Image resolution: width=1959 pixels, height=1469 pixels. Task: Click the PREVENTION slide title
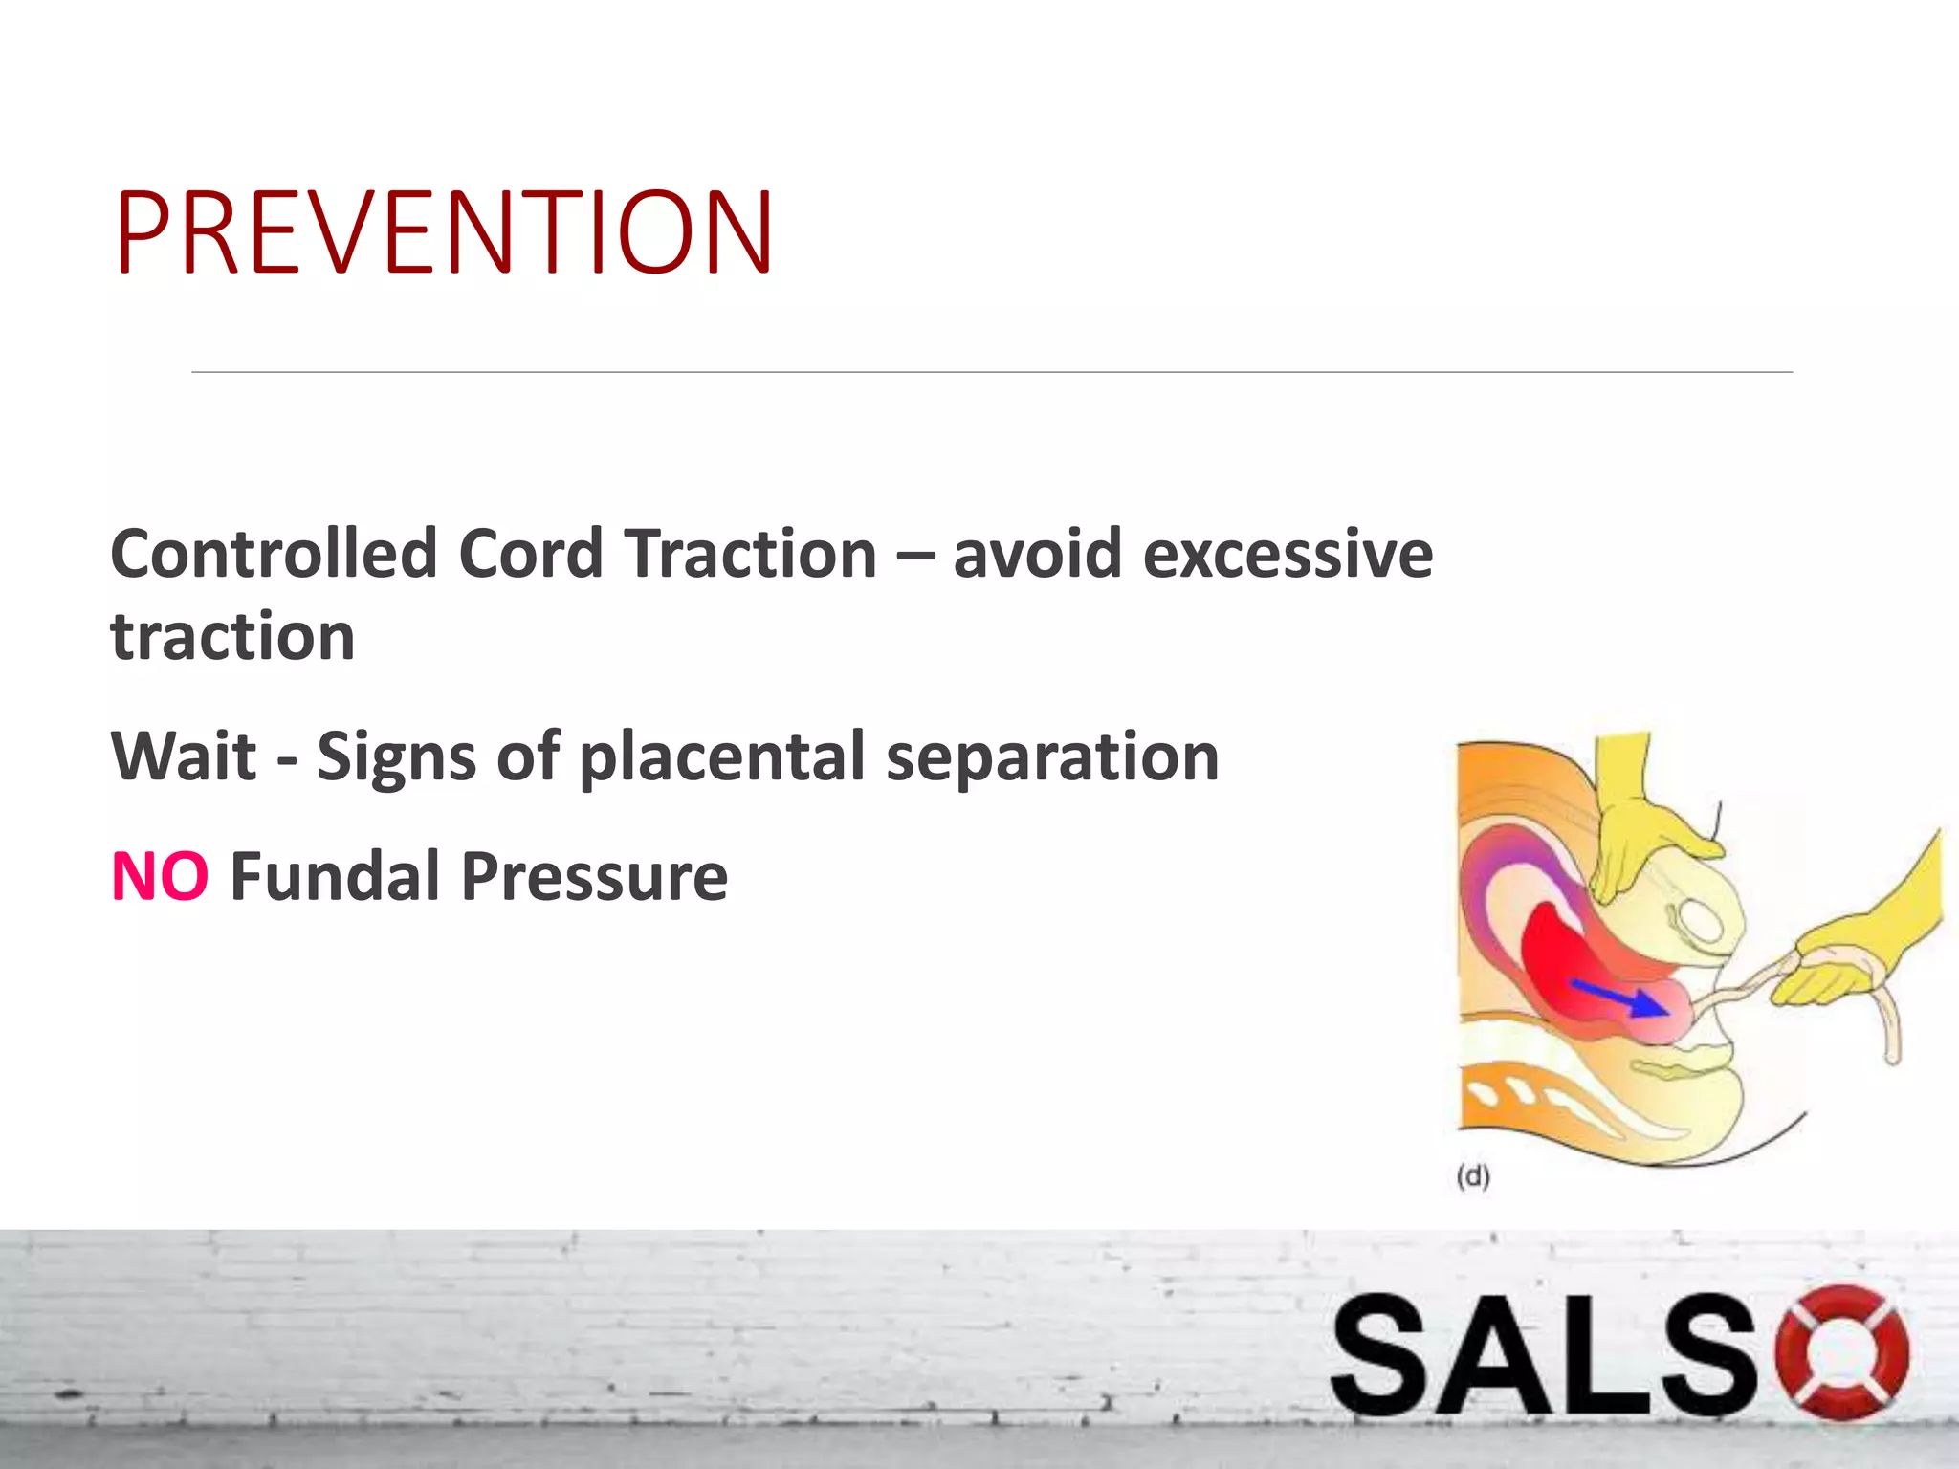[444, 232]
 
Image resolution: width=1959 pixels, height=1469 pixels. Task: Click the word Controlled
[274, 555]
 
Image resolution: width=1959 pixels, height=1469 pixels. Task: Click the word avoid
[1037, 555]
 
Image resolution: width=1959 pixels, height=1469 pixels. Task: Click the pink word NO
[160, 877]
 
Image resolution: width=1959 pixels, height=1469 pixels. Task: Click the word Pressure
[594, 877]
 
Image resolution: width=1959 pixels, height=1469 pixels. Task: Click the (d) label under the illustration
[1473, 1175]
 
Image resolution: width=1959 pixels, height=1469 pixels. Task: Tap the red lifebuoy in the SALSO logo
[1841, 1352]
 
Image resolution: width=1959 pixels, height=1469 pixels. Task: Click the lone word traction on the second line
[232, 637]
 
